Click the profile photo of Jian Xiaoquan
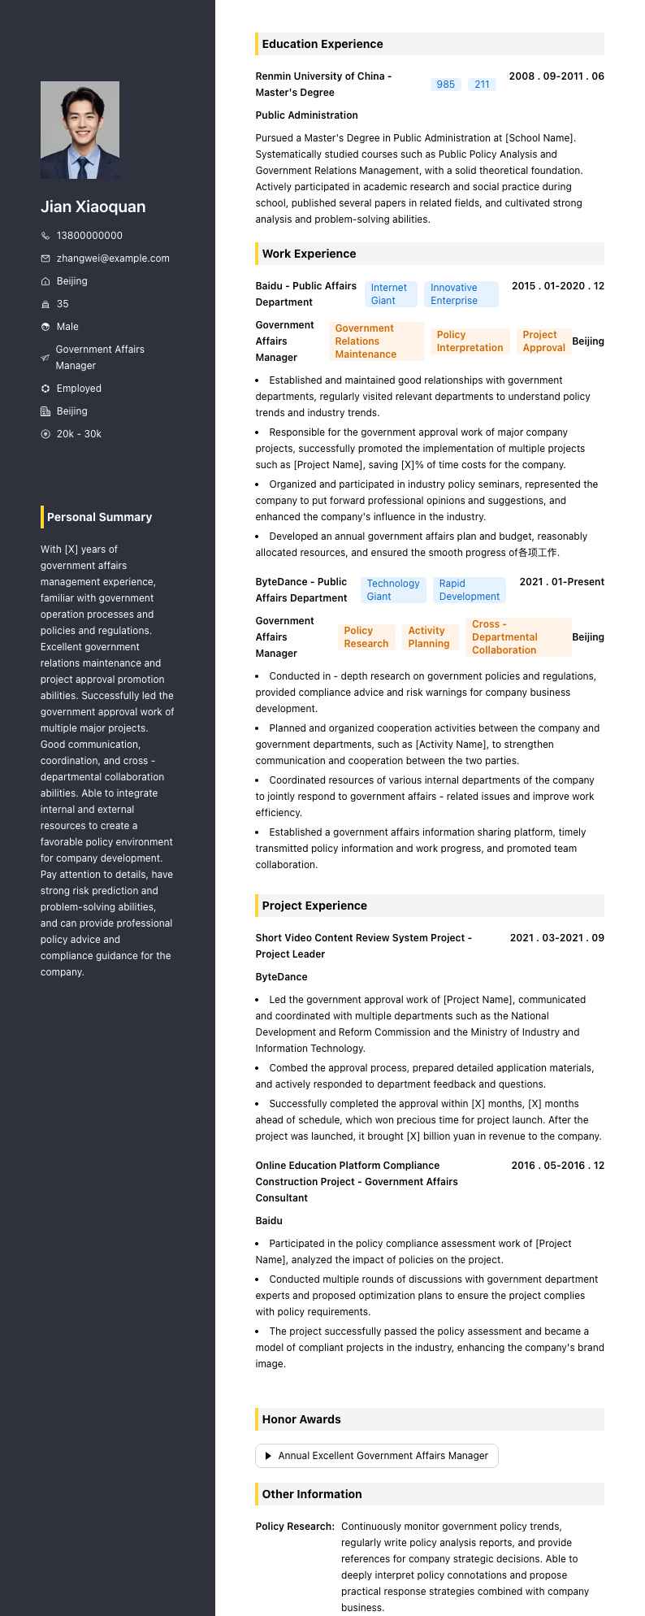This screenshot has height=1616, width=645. point(80,130)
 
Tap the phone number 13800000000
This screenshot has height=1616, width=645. point(89,236)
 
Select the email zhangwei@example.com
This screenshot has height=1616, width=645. point(113,258)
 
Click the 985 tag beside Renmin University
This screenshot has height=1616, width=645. point(446,85)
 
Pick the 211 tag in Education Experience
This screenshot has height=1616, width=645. point(482,85)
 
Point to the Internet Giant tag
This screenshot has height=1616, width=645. point(390,294)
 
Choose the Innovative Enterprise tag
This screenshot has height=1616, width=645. point(461,294)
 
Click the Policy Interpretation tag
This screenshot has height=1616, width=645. point(470,341)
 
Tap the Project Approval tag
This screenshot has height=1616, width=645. point(543,341)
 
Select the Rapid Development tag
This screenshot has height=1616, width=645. point(469,590)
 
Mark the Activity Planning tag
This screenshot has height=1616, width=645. point(429,637)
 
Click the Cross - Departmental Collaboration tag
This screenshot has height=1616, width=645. point(518,637)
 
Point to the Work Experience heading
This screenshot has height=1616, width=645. point(309,254)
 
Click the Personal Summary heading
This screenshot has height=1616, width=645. point(99,517)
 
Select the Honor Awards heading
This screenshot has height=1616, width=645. point(301,1419)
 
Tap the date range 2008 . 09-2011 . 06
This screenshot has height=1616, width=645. point(556,76)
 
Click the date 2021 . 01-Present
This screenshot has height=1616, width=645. point(561,582)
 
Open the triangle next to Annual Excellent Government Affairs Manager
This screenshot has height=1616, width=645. point(268,1456)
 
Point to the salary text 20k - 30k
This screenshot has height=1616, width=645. point(79,434)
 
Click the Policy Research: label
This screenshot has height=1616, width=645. point(295,1527)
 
